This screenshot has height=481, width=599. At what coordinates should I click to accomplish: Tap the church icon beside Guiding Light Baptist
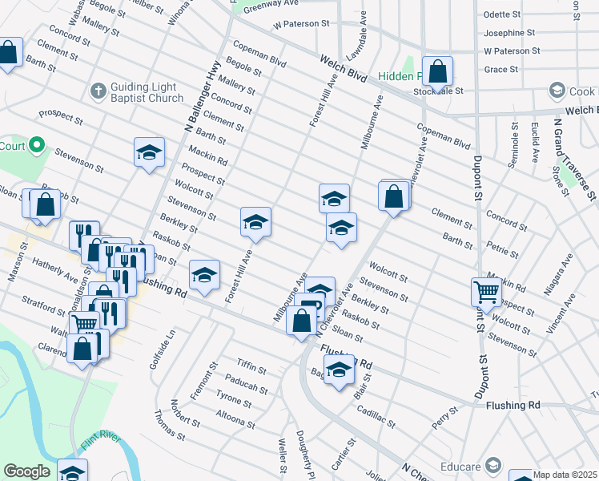click(98, 88)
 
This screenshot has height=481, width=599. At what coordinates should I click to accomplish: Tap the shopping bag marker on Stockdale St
click(438, 72)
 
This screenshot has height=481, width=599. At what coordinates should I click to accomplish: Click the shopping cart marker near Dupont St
click(486, 292)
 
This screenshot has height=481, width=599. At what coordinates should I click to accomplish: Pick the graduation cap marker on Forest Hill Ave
click(255, 223)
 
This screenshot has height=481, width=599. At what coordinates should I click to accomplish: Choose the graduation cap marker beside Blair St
click(339, 371)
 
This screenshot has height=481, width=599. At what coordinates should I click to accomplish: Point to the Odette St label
click(503, 14)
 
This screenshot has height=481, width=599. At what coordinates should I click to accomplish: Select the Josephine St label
click(509, 33)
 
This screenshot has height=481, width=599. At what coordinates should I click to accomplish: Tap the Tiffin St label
click(251, 368)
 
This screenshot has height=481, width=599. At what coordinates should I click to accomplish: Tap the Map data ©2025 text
click(565, 475)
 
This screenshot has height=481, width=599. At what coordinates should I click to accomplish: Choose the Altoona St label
click(235, 414)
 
